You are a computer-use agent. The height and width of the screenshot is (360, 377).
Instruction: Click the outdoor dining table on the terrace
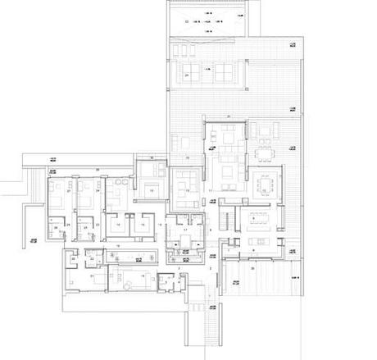(265, 151)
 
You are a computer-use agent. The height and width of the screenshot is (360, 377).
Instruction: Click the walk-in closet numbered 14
(119, 224)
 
